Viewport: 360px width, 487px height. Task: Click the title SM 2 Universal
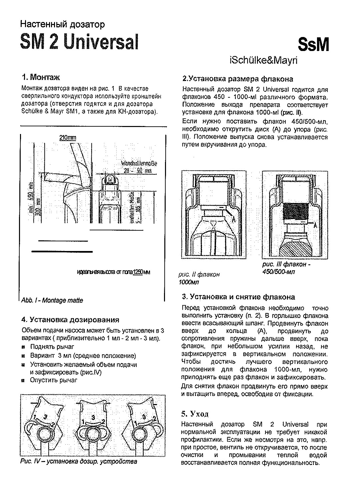(x=79, y=42)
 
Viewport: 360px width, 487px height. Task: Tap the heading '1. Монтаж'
(x=41, y=78)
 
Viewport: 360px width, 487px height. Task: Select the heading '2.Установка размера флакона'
(x=238, y=79)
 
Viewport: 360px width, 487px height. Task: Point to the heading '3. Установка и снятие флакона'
(x=238, y=297)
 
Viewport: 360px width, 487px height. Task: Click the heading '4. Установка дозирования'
(x=70, y=320)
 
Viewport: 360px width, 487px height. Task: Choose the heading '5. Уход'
(x=195, y=414)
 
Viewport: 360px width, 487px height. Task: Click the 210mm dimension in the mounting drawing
(x=68, y=138)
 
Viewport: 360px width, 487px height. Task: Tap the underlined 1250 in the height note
(x=138, y=272)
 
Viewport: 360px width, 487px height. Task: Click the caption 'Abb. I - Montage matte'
(x=52, y=300)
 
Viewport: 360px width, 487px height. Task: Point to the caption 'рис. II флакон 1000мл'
(x=199, y=278)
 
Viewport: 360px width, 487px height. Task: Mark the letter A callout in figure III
(x=315, y=225)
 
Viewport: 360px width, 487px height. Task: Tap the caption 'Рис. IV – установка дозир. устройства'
(x=79, y=462)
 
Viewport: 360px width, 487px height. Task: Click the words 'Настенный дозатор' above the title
(x=63, y=24)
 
